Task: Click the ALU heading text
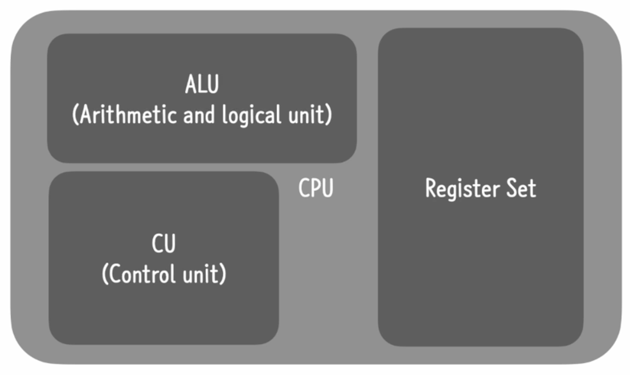click(202, 84)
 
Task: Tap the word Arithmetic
click(128, 115)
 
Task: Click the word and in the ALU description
click(199, 115)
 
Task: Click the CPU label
click(316, 188)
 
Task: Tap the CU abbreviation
click(164, 243)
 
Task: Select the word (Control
click(139, 274)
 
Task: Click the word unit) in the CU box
click(204, 274)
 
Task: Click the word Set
click(521, 188)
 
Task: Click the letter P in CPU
click(316, 188)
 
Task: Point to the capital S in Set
click(512, 188)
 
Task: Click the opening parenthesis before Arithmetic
click(75, 115)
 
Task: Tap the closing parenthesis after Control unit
click(223, 274)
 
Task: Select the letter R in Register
click(431, 188)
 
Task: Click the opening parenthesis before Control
click(105, 274)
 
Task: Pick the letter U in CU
click(170, 244)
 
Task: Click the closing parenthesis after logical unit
click(329, 115)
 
